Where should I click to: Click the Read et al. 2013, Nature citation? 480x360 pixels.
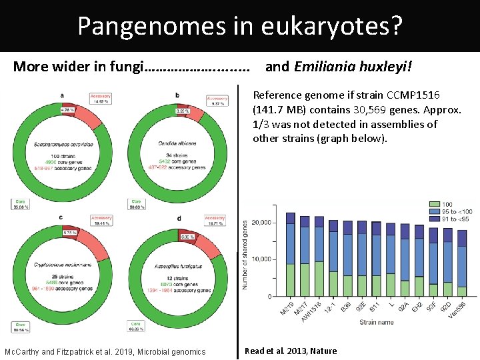pyautogui.click(x=291, y=351)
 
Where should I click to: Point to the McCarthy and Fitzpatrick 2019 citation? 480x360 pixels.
pyautogui.click(x=105, y=351)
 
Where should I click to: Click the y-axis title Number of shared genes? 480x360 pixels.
pyautogui.click(x=245, y=255)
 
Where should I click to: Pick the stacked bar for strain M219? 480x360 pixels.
pyautogui.click(x=290, y=254)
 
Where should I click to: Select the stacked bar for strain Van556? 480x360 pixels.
pyautogui.click(x=462, y=263)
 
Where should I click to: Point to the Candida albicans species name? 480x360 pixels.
pyautogui.click(x=177, y=143)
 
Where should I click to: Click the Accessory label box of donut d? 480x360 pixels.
pyautogui.click(x=215, y=221)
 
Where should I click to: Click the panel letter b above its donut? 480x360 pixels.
pyautogui.click(x=177, y=95)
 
